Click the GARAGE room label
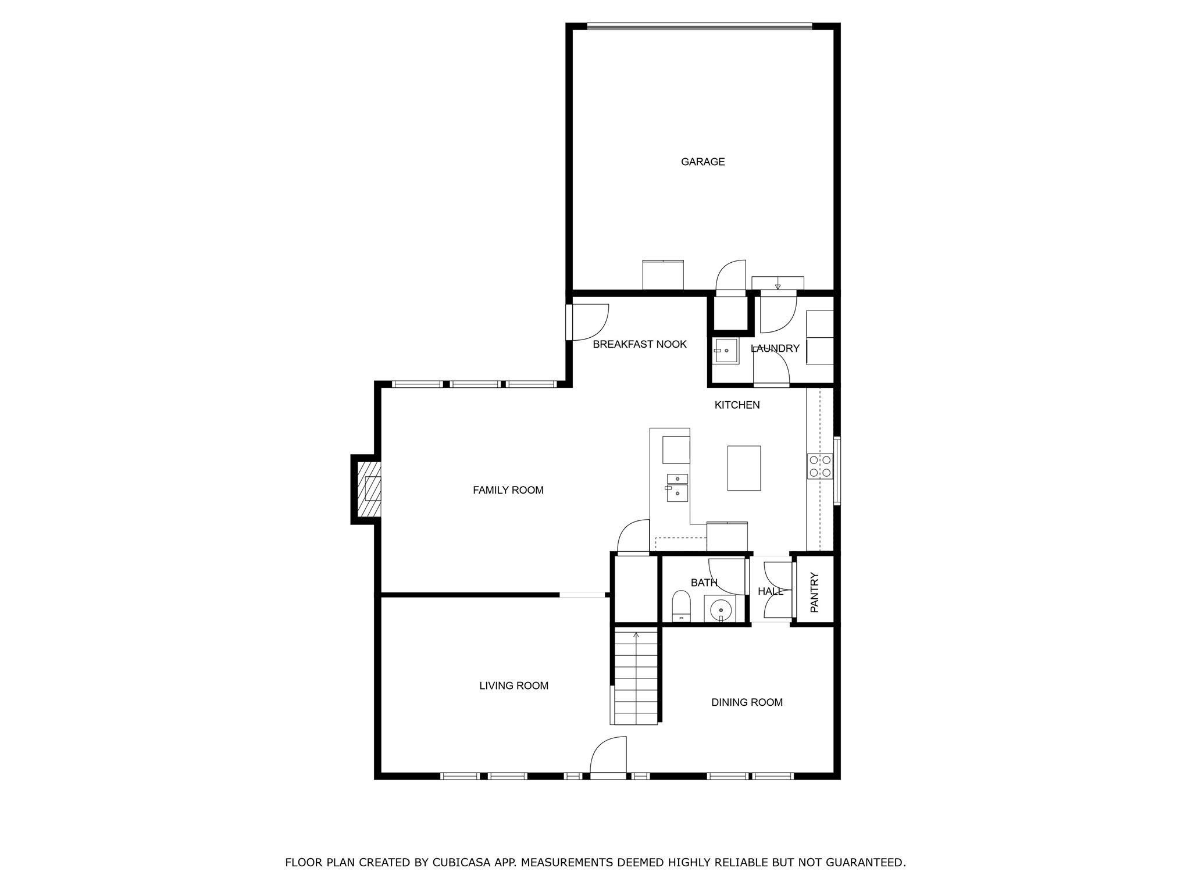click(703, 162)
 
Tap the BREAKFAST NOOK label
click(639, 344)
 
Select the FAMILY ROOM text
click(508, 490)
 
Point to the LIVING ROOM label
click(514, 685)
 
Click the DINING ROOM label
click(747, 702)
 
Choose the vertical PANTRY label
click(814, 592)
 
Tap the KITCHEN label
click(737, 405)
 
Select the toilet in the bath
click(680, 606)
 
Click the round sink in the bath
click(721, 609)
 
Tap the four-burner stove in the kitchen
click(819, 466)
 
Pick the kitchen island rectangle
click(744, 468)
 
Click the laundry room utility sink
click(726, 351)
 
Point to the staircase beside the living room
click(636, 677)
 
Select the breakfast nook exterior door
click(589, 323)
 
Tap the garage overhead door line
click(699, 26)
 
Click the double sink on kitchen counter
click(677, 487)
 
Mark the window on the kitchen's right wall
click(837, 470)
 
